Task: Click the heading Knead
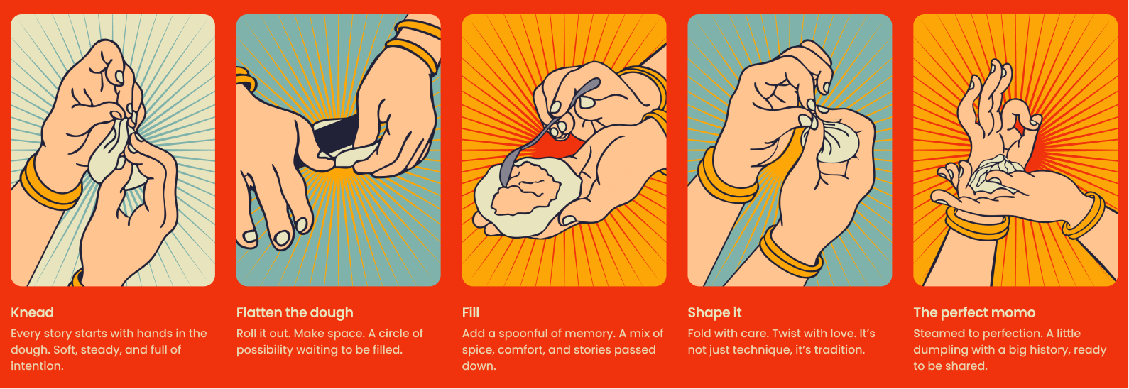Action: [x=32, y=312]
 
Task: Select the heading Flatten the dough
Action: [x=295, y=313]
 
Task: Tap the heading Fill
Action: [x=471, y=312]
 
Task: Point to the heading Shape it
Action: [x=715, y=313]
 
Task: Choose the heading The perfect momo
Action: [x=974, y=313]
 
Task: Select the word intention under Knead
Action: [x=38, y=366]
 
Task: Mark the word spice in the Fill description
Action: [x=476, y=350]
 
